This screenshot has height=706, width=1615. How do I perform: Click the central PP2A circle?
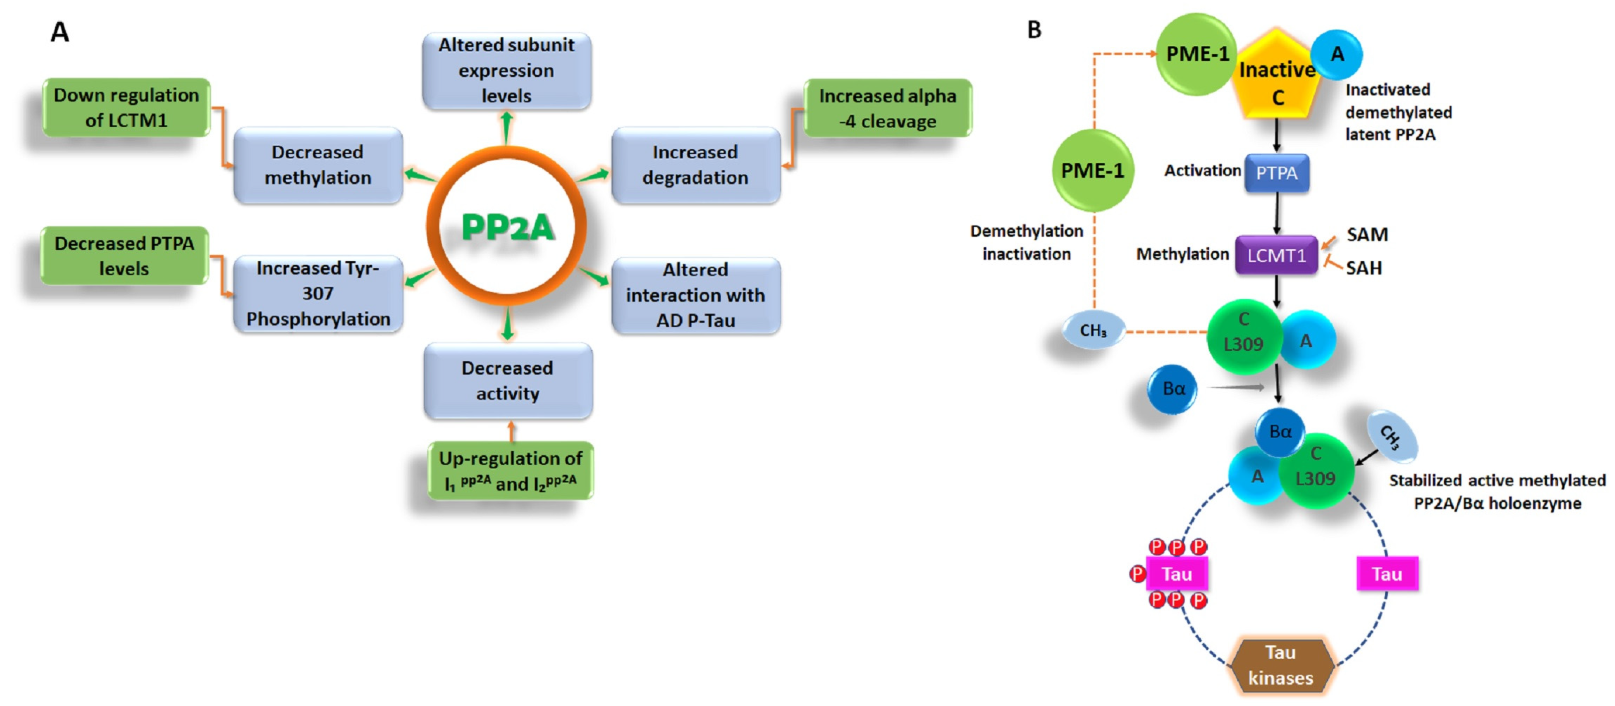pos(507,225)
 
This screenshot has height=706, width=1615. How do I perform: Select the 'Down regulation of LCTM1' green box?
pos(126,108)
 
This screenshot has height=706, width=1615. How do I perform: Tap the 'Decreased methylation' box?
pos(318,165)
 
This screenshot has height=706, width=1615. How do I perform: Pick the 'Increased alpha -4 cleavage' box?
pos(887,108)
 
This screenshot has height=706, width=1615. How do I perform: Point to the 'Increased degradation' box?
pos(695,165)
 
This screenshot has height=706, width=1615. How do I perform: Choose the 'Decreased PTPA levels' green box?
pos(124,256)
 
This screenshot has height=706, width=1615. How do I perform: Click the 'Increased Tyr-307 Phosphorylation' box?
pos(318,293)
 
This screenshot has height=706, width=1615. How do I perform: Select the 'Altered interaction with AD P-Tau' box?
pos(695,295)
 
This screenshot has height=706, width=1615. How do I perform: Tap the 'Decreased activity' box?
pos(507,380)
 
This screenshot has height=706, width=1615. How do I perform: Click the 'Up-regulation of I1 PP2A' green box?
pos(510,471)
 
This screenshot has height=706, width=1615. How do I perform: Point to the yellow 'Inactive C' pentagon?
pos(1277,78)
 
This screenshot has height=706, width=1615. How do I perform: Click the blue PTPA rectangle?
pos(1276,173)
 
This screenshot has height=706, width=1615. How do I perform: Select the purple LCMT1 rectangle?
pos(1276,255)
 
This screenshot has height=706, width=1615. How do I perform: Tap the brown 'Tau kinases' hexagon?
pos(1280,665)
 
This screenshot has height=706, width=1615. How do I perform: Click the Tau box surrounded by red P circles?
pos(1176,574)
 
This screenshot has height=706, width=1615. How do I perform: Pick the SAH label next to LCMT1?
pos(1364,268)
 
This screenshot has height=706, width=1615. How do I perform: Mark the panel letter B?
pos(1034,29)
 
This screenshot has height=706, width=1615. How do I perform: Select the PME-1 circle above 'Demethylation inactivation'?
pos(1092,170)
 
